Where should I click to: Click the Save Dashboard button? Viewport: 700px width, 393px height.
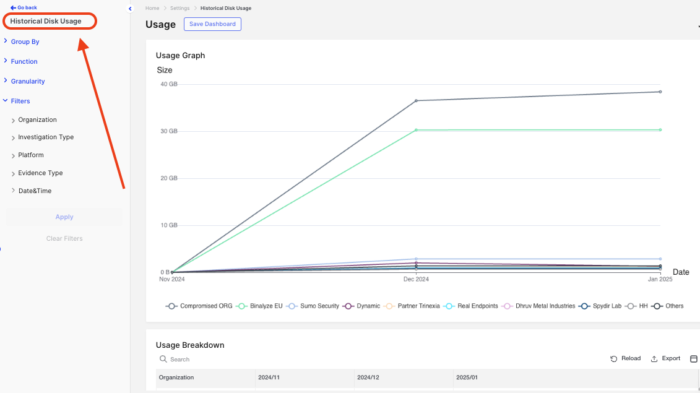point(212,24)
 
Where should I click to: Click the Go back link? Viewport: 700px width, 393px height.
point(24,7)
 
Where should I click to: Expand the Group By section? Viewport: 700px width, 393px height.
point(25,41)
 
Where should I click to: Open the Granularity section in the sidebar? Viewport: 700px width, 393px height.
point(28,81)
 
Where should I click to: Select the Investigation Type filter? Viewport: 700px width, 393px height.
point(46,137)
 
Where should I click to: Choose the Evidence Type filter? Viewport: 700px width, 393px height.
point(40,173)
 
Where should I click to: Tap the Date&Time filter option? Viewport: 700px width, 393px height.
point(35,191)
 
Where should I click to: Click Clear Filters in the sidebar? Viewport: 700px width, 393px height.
point(64,239)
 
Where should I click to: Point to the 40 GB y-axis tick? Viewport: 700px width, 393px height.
point(169,84)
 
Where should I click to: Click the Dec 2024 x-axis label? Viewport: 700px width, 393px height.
point(416,279)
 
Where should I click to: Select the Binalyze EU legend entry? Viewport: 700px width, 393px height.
point(260,306)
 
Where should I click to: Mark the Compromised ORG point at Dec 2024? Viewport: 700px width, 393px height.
point(416,100)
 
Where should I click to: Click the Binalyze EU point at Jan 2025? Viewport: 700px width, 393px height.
point(660,130)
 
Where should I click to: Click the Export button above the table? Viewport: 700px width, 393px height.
point(666,359)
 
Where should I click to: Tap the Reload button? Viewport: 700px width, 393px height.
point(626,359)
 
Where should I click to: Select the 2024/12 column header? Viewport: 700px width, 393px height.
point(368,378)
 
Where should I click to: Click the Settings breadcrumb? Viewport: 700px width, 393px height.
point(179,8)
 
